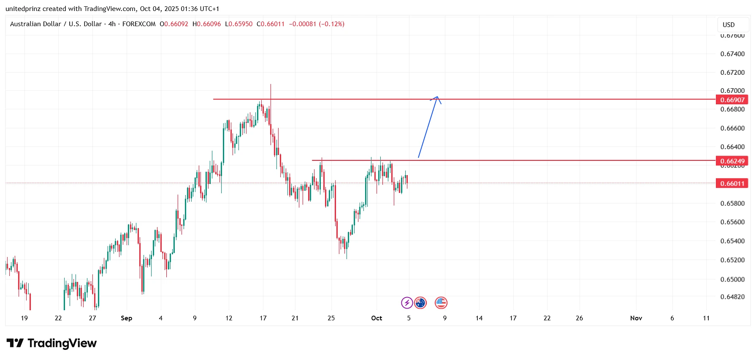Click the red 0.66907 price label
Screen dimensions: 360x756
point(732,100)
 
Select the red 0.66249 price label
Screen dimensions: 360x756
point(732,161)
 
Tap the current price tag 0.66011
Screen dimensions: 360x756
point(732,184)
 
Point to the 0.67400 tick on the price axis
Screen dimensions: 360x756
point(732,54)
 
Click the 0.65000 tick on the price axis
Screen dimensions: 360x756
point(732,279)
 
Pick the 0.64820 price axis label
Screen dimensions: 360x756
point(732,297)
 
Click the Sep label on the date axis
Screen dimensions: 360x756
point(126,318)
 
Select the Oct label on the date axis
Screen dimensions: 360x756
point(377,318)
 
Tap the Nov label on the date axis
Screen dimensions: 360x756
point(636,318)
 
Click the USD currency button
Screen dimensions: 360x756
point(729,25)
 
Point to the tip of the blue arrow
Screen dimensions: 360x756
point(438,97)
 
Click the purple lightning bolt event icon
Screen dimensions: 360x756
point(407,303)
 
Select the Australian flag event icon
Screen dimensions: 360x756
point(420,303)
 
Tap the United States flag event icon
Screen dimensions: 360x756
point(441,303)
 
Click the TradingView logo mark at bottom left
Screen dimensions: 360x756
point(15,343)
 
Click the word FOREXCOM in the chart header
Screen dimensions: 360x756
point(139,24)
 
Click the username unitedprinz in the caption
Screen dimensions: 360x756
point(23,9)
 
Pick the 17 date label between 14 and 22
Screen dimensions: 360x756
point(513,318)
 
